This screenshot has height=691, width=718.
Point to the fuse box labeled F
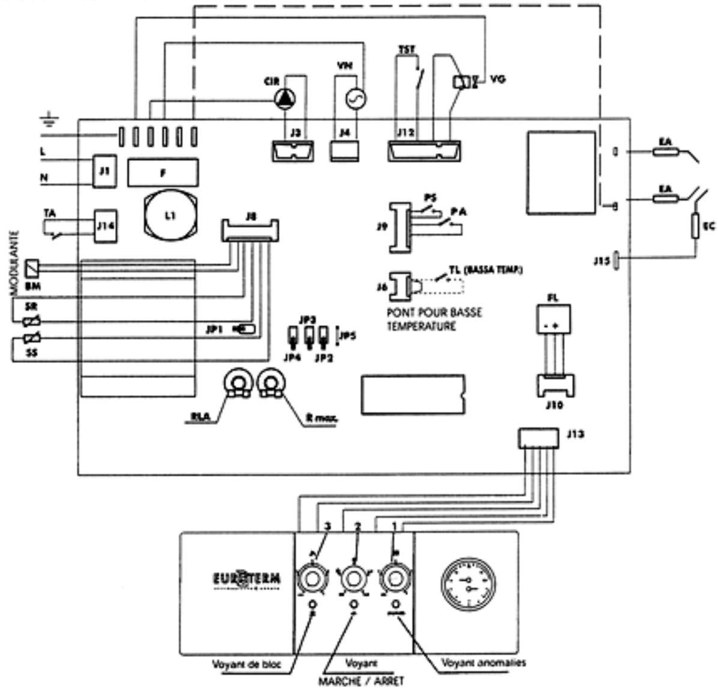163,172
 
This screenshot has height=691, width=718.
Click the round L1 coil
169,215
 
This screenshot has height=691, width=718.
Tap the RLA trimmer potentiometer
236,382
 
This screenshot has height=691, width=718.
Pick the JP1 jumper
246,329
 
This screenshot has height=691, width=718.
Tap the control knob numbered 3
313,579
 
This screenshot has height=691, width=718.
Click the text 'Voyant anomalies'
483,663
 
